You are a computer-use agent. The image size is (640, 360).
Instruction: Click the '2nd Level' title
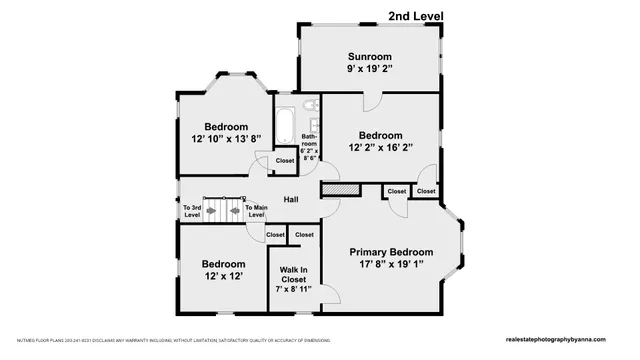[x=416, y=15]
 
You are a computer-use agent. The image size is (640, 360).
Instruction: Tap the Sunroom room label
[x=370, y=56]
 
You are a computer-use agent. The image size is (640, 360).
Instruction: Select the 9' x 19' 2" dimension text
[x=370, y=70]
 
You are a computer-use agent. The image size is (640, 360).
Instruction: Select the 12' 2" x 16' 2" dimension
[x=380, y=148]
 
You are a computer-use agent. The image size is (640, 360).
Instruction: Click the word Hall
[x=291, y=198]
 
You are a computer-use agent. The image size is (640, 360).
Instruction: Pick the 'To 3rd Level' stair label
[x=192, y=211]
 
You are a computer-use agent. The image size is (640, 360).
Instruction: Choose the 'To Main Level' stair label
[x=255, y=211]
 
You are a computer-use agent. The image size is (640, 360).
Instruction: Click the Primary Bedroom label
[x=391, y=251]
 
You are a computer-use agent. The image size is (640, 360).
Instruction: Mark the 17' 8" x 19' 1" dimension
[x=391, y=265]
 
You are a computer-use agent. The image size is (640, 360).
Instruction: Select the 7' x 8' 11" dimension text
[x=293, y=289]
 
